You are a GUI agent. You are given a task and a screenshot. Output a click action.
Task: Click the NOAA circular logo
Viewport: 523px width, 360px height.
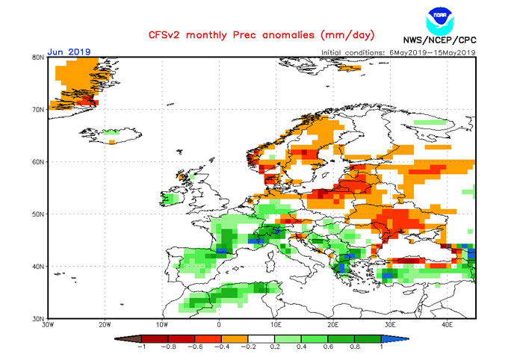coord(440,19)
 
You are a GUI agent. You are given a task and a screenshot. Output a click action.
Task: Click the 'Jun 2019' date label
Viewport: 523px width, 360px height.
coord(69,52)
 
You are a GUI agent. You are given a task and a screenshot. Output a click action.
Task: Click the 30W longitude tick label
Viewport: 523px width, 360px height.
coord(49,326)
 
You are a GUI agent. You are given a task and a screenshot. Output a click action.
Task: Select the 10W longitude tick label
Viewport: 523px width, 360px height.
coord(162,326)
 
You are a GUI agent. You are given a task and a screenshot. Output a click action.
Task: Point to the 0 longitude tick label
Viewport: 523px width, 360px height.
coord(219,326)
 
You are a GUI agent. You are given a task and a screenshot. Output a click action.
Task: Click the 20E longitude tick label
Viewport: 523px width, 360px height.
coord(332,326)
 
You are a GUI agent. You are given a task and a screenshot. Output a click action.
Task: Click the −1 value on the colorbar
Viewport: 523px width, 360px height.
coord(142,347)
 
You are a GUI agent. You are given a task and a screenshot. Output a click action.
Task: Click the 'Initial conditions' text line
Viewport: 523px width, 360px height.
coord(397,52)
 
